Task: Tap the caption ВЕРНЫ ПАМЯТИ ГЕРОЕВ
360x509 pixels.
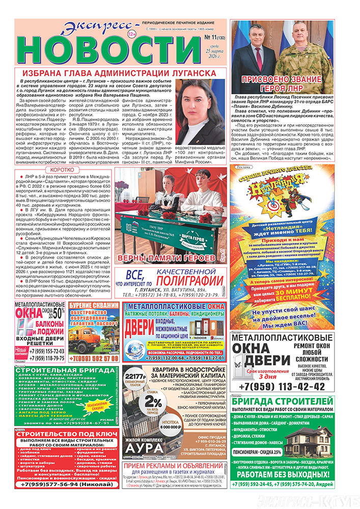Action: (x=168, y=259)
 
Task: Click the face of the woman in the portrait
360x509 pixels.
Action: (x=202, y=105)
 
